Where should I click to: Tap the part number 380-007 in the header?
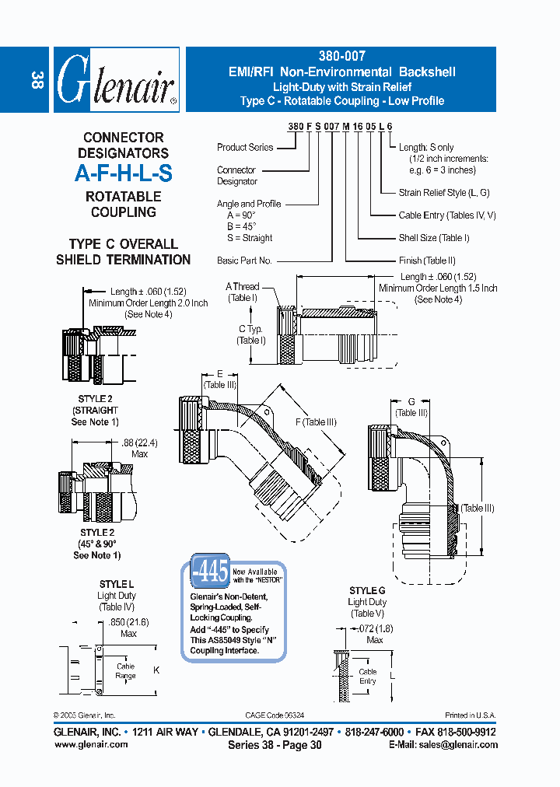click(341, 56)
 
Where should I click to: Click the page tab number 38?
click(36, 80)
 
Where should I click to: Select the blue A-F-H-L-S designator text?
click(123, 173)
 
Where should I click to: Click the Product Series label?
click(244, 147)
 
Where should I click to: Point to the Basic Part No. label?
click(244, 261)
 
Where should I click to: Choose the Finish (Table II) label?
click(427, 261)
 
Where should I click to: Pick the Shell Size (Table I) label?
click(434, 238)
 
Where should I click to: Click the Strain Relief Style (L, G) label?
click(444, 192)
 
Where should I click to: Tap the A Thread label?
click(243, 287)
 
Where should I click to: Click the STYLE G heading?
click(367, 590)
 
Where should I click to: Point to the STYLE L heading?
click(117, 584)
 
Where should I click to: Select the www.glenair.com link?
click(91, 744)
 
